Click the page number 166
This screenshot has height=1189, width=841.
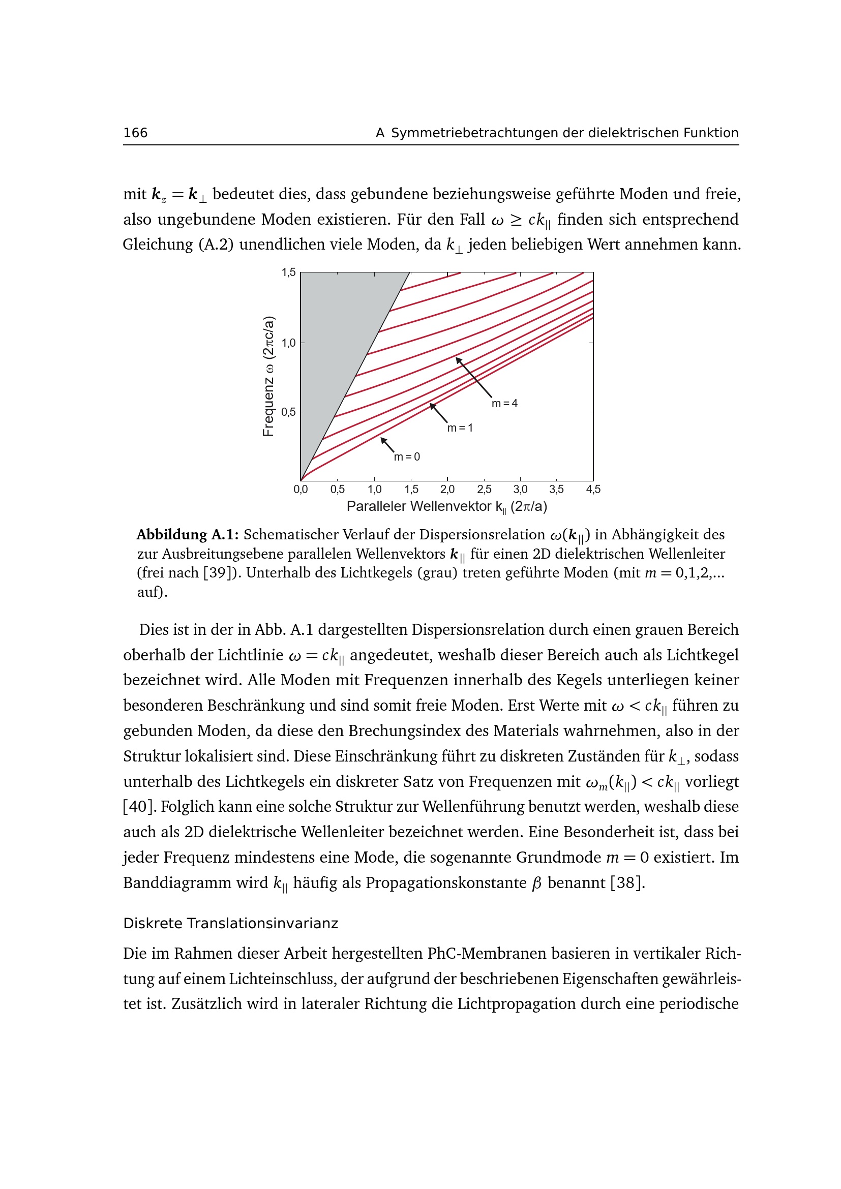pos(135,133)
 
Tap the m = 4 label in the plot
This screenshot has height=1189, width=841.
pos(504,404)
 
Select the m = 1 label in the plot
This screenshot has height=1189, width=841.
pos(460,428)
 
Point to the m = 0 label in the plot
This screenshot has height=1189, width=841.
pos(407,457)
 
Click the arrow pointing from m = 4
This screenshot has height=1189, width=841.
pos(473,377)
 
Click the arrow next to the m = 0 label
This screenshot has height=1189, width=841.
pos(387,445)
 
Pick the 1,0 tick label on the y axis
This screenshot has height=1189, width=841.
pos(288,343)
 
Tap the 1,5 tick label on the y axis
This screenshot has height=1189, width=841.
pos(288,272)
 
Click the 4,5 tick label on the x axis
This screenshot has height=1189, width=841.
pos(593,490)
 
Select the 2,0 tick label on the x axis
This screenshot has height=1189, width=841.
pos(447,490)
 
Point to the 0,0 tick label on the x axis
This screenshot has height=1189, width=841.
pos(301,490)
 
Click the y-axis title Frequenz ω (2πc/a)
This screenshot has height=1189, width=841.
pos(268,377)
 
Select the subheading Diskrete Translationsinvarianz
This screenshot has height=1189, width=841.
pos(230,923)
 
